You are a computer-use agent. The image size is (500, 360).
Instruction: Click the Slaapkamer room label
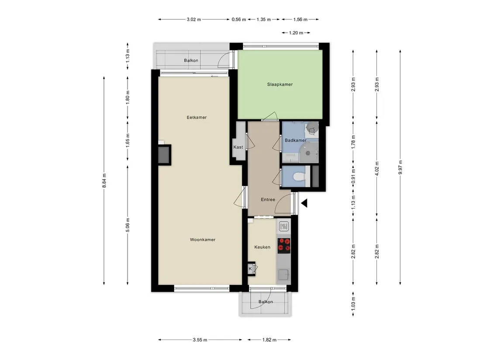pos(279,84)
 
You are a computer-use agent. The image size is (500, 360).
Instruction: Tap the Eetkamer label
pos(197,117)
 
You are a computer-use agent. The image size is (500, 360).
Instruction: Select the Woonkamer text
pos(203,240)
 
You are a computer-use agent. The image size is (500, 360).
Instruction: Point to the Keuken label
pos(262,247)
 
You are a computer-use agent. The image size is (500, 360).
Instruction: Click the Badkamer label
pos(296,140)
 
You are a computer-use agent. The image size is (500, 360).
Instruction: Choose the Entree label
pos(268,199)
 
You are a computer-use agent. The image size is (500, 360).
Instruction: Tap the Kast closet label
pos(238,147)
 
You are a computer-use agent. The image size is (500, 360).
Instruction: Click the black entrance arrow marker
pos(304,203)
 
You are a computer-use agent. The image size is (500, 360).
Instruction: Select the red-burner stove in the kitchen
pos(284,246)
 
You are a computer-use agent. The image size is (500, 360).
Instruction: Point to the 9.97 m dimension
pos(400,167)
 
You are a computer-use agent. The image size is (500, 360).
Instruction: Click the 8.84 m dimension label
pos(104,181)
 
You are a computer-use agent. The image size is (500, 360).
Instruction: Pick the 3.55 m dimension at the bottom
pos(200,339)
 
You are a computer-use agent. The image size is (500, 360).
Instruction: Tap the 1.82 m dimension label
pos(269,339)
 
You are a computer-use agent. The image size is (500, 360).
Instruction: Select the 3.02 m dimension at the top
pos(194,20)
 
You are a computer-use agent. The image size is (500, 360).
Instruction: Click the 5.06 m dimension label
pos(128,225)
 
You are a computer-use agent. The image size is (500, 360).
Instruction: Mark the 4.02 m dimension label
pos(376,168)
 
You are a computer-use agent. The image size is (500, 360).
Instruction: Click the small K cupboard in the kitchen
pos(251,268)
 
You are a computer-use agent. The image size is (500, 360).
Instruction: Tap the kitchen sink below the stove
pos(283,274)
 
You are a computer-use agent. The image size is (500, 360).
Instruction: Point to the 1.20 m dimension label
pos(296,33)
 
